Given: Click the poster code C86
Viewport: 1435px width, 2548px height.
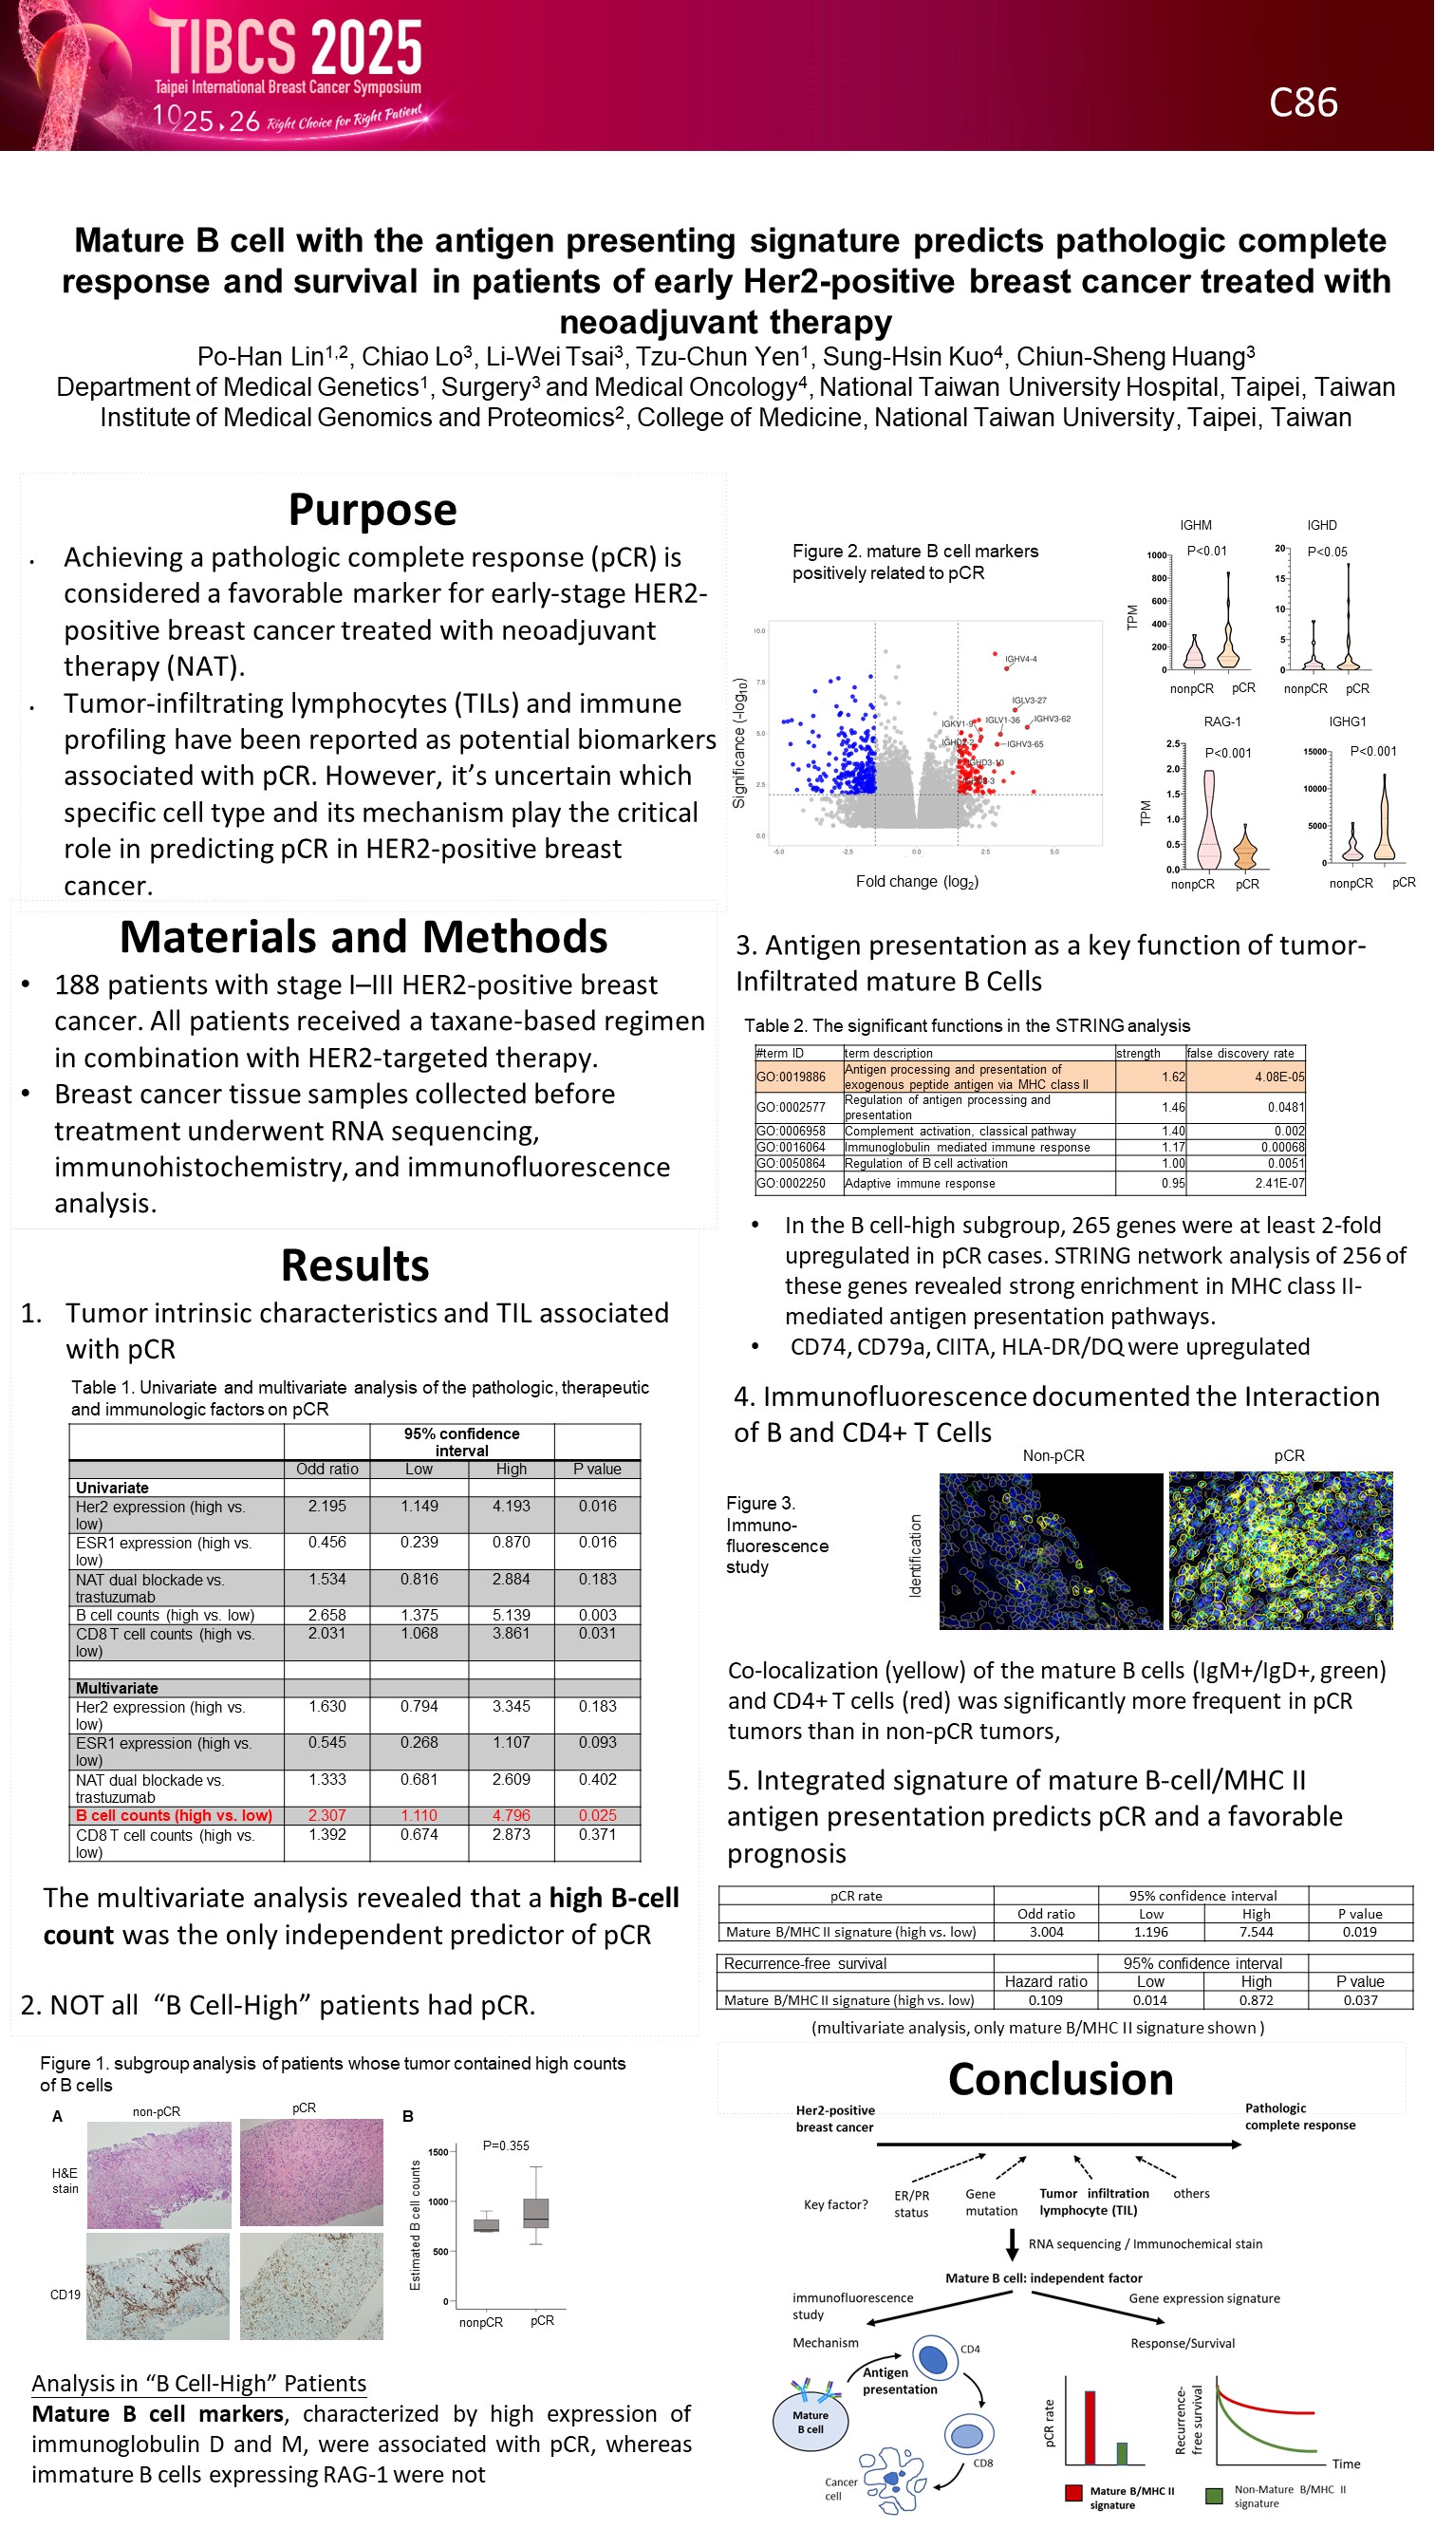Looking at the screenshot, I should (1302, 103).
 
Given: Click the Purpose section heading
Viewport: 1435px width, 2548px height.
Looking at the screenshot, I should (372, 511).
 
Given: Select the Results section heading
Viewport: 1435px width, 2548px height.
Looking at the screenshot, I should (355, 1265).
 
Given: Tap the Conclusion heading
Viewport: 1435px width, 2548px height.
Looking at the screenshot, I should (1060, 2079).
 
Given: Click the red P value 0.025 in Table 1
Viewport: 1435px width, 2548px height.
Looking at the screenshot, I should (597, 1815).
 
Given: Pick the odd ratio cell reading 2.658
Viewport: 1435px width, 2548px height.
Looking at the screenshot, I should (326, 1614).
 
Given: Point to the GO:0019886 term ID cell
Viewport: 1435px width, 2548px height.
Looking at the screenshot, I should (791, 1077).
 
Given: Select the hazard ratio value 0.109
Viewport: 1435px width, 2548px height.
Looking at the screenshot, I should (1045, 2000).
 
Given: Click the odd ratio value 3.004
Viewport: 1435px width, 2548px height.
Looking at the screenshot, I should (1045, 1932).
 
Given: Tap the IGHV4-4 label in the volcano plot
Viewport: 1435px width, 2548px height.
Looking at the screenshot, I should (1020, 659).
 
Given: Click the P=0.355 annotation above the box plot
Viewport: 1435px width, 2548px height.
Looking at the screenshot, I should (505, 2145).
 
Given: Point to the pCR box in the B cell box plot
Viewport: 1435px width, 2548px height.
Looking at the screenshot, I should (536, 2213).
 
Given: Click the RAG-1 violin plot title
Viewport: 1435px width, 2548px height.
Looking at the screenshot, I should (1221, 722).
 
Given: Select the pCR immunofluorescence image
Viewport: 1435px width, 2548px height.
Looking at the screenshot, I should (1280, 1550).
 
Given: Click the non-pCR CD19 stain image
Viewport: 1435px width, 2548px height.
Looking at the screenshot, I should (158, 2286).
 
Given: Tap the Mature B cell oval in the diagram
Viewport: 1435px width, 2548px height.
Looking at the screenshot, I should (810, 2421).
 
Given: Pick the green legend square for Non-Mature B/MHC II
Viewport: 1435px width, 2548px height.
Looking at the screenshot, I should (1214, 2496).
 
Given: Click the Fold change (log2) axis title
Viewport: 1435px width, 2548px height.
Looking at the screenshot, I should (917, 881).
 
